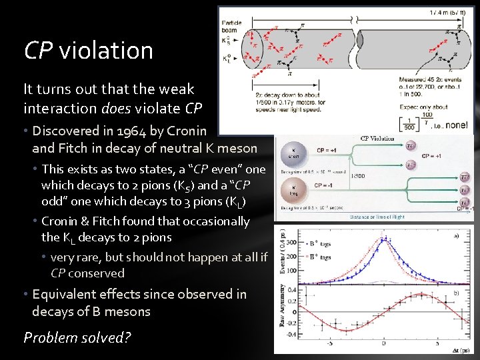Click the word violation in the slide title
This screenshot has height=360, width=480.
(x=106, y=50)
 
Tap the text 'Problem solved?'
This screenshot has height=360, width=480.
(x=77, y=337)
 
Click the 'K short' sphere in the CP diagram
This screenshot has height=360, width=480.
(x=294, y=152)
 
